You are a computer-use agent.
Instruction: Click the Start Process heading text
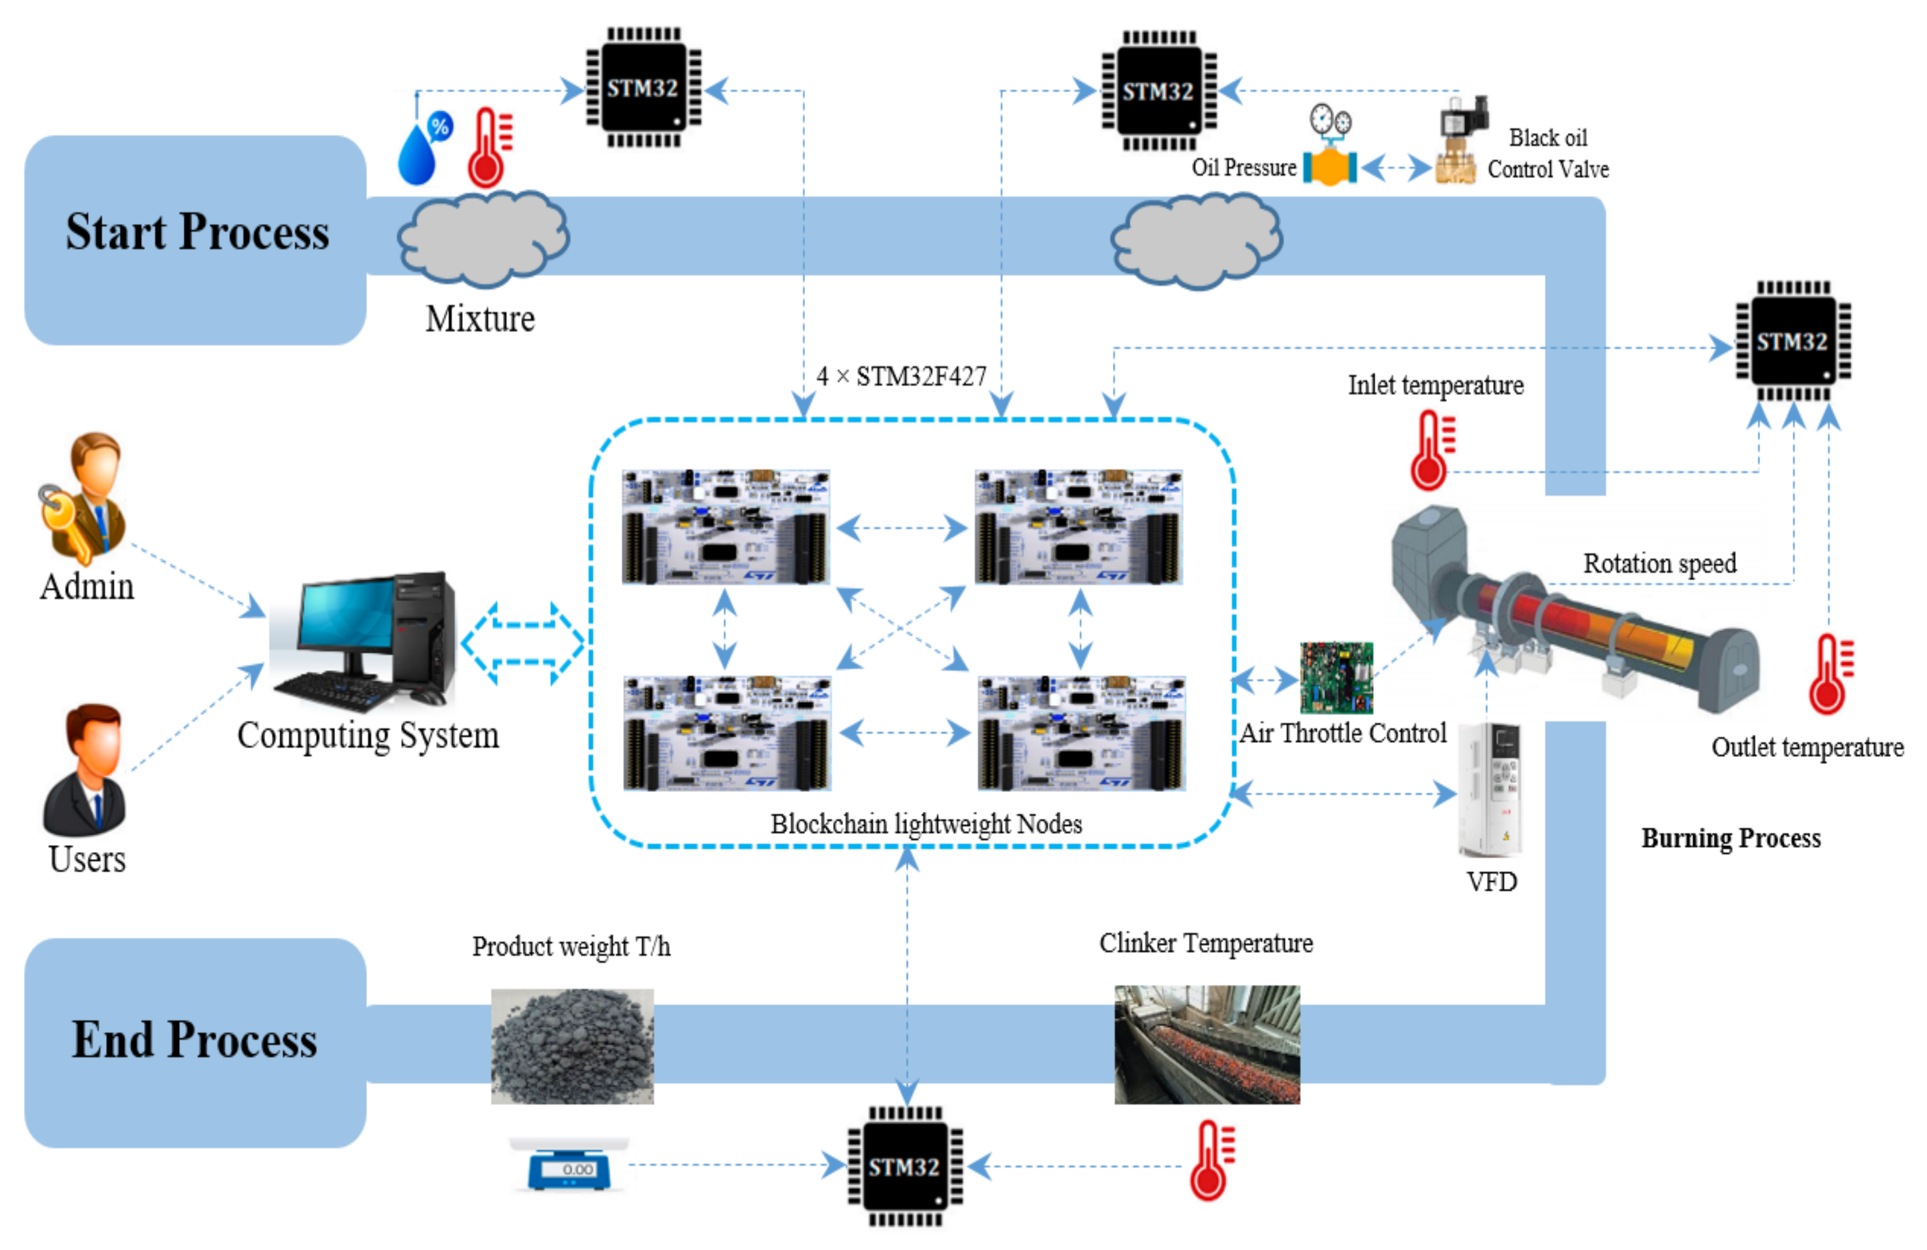click(x=197, y=233)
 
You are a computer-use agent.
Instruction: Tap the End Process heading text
click(x=194, y=1040)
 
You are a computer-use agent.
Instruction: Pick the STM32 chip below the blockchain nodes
click(x=905, y=1166)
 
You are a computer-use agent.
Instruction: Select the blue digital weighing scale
click(x=569, y=1166)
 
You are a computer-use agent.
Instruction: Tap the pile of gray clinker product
click(x=572, y=1045)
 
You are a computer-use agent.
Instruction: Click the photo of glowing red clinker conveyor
click(x=1207, y=1044)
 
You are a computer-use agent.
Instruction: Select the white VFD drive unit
click(x=1490, y=790)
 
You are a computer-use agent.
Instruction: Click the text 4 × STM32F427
click(x=901, y=376)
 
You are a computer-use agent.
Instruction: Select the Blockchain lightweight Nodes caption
click(x=926, y=824)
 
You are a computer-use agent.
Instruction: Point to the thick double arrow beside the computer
click(x=523, y=643)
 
